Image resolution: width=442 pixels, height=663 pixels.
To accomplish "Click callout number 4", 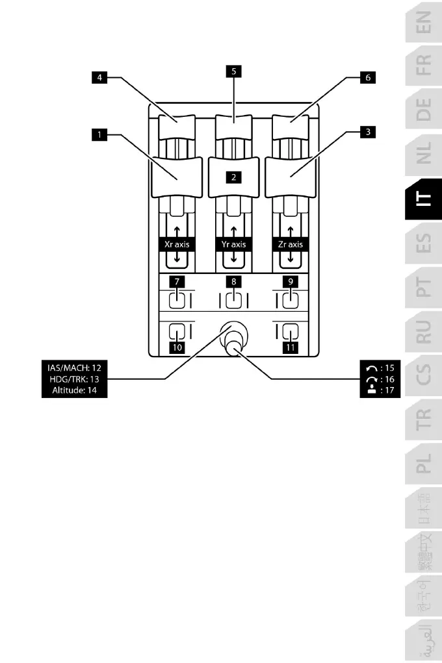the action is tap(99, 77).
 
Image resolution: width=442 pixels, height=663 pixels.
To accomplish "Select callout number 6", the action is tap(368, 77).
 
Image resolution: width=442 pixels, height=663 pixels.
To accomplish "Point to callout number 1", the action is tap(99, 135).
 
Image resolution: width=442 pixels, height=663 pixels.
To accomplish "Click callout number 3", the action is tap(368, 132).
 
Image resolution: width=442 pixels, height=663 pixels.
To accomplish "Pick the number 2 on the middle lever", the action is tap(233, 175).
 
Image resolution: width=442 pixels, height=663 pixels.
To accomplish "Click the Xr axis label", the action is tap(177, 245).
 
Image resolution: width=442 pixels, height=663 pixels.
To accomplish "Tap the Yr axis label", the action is tap(233, 245).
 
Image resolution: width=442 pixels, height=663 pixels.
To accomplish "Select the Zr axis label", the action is tap(290, 245).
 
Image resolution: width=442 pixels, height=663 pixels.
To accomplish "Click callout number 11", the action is tap(290, 347).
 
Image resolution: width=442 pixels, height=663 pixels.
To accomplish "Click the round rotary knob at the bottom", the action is tap(233, 338).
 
